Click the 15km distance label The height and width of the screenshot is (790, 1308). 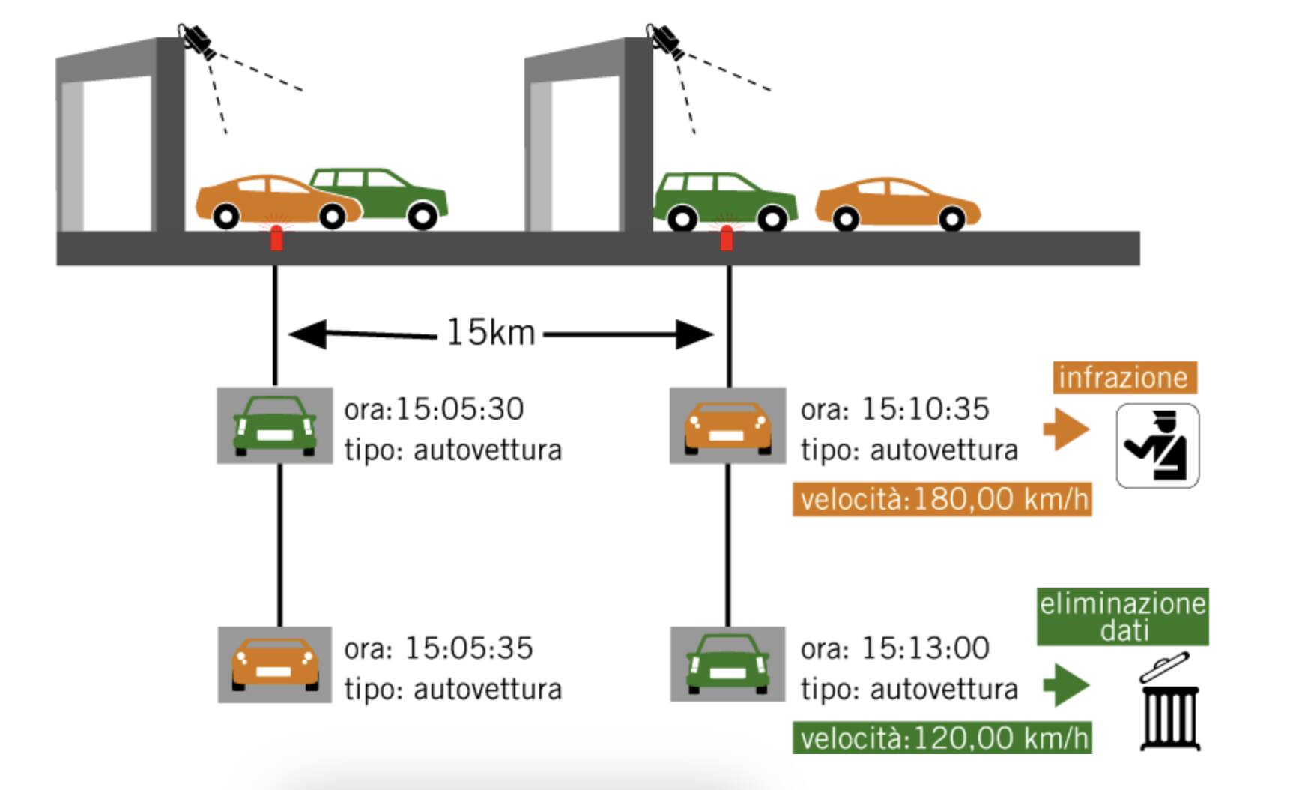(x=491, y=332)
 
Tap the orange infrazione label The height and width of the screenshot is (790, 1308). (x=1124, y=378)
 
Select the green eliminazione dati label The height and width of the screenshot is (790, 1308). (x=1122, y=617)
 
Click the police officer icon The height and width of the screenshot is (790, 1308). (x=1157, y=446)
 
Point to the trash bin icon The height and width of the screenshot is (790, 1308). (x=1169, y=702)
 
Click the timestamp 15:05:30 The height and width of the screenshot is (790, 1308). (x=459, y=409)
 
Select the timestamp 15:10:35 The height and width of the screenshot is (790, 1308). (x=925, y=409)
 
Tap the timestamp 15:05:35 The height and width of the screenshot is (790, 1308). (x=469, y=648)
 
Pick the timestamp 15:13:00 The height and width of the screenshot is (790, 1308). (x=925, y=648)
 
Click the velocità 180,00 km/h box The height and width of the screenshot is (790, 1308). (x=942, y=499)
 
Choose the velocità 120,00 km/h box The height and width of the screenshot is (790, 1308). (x=942, y=738)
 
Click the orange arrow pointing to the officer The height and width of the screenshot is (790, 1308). (x=1066, y=429)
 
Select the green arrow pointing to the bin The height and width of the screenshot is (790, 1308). (x=1066, y=684)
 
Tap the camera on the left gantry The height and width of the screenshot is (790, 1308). (x=197, y=40)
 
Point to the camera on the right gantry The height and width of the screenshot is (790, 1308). (x=664, y=40)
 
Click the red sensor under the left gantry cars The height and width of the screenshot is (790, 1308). (x=276, y=237)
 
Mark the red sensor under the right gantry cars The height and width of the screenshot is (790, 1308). (x=726, y=237)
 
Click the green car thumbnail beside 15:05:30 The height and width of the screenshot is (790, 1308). (x=274, y=425)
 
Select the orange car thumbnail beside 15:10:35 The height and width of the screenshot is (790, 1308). (x=727, y=425)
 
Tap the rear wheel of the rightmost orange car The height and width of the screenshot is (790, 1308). (x=952, y=220)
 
